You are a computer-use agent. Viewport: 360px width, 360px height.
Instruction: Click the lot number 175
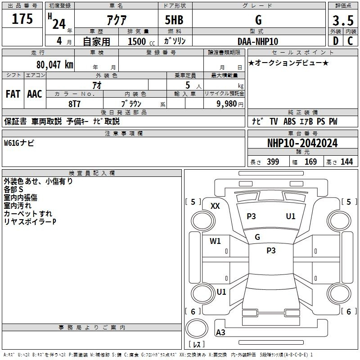point(22,18)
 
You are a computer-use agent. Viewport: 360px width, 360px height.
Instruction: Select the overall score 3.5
point(343,20)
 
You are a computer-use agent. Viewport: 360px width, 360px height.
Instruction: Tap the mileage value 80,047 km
point(54,64)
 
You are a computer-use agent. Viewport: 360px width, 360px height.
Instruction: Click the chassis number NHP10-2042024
point(302,143)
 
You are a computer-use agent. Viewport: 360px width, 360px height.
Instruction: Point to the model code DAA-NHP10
point(258,41)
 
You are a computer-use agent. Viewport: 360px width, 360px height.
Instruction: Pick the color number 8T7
point(74,104)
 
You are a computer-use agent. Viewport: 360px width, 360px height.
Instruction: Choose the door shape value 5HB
point(174,20)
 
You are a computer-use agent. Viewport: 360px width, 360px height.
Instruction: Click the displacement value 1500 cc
point(141,41)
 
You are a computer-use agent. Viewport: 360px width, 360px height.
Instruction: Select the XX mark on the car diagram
point(215,206)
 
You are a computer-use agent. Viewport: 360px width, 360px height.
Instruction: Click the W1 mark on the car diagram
point(215,241)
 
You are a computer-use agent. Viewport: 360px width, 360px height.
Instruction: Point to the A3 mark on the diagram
point(220,332)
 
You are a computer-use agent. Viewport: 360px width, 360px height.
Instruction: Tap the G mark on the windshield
point(257,237)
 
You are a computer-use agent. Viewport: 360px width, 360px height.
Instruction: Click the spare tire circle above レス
point(197,328)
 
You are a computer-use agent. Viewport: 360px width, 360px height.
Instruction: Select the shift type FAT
point(13,94)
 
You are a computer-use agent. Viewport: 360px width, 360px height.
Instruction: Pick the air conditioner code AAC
point(35,94)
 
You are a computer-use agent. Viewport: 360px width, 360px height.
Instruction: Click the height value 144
point(346,162)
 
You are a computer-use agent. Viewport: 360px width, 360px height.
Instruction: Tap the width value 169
point(310,162)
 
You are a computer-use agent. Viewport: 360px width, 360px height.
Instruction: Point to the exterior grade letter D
point(336,41)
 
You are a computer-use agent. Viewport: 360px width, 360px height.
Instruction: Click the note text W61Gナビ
point(19,143)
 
